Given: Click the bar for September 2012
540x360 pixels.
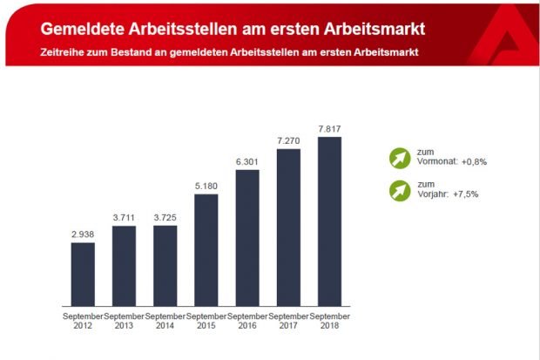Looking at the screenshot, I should tap(83, 274).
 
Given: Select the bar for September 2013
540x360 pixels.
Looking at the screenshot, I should tap(124, 266).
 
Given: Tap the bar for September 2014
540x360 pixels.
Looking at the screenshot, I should tap(165, 266).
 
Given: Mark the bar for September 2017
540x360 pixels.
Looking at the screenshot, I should tap(288, 227).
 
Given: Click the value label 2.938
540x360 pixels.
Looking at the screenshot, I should tap(83, 234).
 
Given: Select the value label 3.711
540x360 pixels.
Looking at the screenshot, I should tap(124, 217).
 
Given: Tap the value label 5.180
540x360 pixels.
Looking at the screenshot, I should tap(206, 185).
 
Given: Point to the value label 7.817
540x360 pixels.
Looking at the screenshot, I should tap(329, 127).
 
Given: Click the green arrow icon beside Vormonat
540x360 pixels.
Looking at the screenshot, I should tap(400, 159).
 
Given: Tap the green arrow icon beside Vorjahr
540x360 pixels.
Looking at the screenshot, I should tap(400, 189).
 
